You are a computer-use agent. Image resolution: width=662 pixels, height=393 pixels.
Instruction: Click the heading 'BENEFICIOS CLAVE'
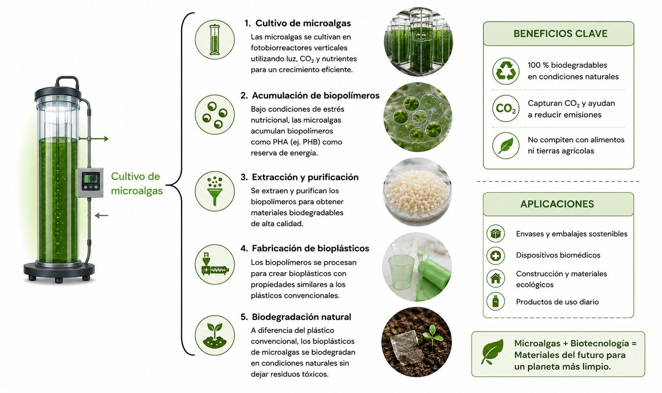560,33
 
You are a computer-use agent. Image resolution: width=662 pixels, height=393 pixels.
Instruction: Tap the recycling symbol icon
506,71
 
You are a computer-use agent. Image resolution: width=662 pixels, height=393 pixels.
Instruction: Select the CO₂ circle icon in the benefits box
506,108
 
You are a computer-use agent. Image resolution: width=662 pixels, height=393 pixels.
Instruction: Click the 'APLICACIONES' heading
557,204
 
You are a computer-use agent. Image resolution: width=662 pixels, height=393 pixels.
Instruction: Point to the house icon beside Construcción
496,278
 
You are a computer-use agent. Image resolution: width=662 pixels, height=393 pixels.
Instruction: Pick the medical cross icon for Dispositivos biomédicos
496,255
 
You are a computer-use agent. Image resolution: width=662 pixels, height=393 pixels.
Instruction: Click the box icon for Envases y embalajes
496,233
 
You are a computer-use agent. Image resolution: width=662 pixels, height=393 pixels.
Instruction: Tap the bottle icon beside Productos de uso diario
496,301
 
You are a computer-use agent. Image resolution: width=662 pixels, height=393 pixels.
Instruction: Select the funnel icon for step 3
215,191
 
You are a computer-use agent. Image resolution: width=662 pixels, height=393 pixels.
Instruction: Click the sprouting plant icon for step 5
215,335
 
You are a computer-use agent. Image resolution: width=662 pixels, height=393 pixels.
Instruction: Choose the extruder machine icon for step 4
215,264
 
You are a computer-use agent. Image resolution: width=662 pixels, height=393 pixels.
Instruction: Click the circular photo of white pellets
417,192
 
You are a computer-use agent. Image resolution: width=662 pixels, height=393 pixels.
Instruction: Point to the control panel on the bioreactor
90,182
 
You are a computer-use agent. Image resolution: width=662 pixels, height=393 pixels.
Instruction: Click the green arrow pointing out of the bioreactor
94,139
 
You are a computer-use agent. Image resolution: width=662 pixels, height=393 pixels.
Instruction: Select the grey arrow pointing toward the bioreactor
101,216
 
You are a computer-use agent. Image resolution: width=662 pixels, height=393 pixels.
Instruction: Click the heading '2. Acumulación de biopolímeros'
310,96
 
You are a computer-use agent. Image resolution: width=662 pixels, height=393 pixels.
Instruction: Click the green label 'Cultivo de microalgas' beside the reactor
137,183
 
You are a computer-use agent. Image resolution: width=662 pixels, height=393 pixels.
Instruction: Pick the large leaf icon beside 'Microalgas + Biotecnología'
492,352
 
